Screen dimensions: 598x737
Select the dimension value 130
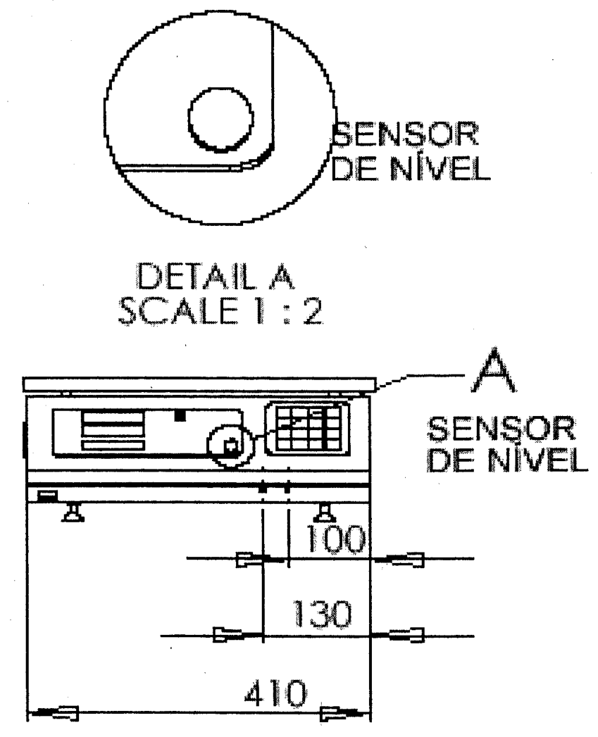pos(322,614)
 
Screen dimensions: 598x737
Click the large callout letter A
pos(492,370)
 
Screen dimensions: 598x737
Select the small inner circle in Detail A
pos(220,120)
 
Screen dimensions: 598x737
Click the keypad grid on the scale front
pos(308,428)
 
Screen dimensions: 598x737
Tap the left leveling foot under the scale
pos(73,512)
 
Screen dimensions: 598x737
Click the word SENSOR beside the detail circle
pos(405,134)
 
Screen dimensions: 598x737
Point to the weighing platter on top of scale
pos(199,384)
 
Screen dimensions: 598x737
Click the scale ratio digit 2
pos(313,310)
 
